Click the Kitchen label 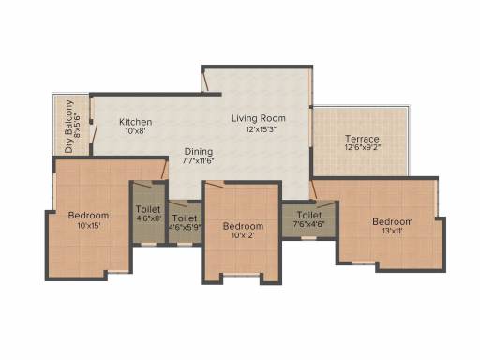pyautogui.click(x=136, y=122)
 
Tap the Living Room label pyautogui.click(x=259, y=118)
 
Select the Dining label pyautogui.click(x=199, y=152)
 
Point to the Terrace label pyautogui.click(x=362, y=139)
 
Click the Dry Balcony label pyautogui.click(x=69, y=127)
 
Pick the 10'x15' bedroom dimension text pyautogui.click(x=89, y=225)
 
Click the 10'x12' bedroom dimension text pyautogui.click(x=243, y=235)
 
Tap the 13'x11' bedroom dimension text pyautogui.click(x=392, y=232)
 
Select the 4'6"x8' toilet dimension pyautogui.click(x=148, y=218)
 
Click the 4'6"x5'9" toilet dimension pyautogui.click(x=185, y=227)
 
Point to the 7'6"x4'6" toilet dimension pyautogui.click(x=309, y=224)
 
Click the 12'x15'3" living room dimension pyautogui.click(x=262, y=129)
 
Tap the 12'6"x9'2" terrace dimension pyautogui.click(x=363, y=147)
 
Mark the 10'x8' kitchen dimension pyautogui.click(x=136, y=131)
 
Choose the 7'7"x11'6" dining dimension pyautogui.click(x=198, y=161)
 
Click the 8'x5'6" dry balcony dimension pyautogui.click(x=78, y=126)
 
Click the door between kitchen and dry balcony pyautogui.click(x=95, y=134)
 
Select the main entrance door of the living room pyautogui.click(x=205, y=82)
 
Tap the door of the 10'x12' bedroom pyautogui.click(x=214, y=185)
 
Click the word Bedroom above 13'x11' pyautogui.click(x=393, y=222)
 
